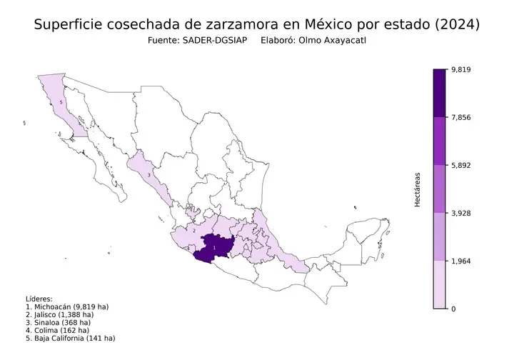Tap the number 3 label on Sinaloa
(148, 174)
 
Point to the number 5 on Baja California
(61, 103)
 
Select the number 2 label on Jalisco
(194, 231)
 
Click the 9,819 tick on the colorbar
(460, 69)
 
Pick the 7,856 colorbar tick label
(460, 117)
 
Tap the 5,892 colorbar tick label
(460, 165)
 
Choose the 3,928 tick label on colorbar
(460, 213)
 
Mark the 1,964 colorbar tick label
(460, 261)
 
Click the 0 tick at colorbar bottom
(454, 309)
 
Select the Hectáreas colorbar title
(418, 189)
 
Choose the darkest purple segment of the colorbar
(440, 93)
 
